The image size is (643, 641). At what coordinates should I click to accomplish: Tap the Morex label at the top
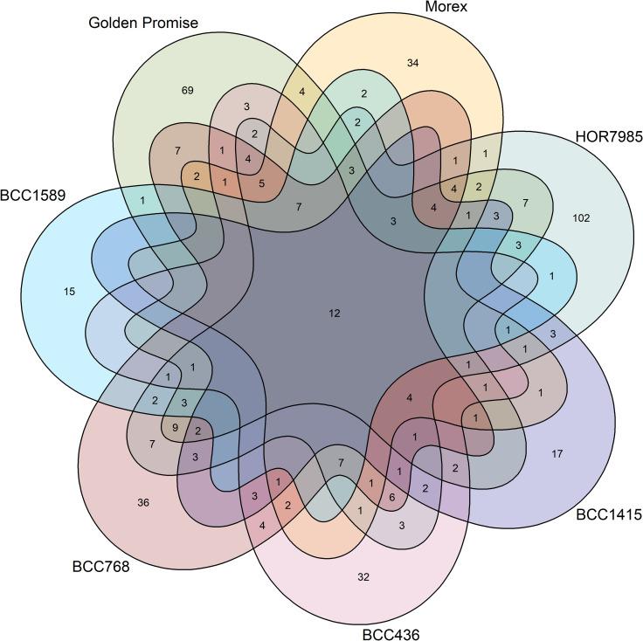pos(446,8)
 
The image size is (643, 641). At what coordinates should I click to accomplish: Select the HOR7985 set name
pos(608,136)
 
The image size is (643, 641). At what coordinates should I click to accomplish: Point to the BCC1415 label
pos(609,515)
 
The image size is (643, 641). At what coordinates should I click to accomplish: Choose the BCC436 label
pos(391,633)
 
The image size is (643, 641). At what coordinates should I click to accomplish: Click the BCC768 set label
pos(100,567)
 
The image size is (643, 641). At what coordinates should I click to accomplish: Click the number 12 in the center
pos(334,314)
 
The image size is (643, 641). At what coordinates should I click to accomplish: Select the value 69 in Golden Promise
pos(187,90)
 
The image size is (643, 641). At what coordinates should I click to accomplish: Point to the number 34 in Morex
pos(413,62)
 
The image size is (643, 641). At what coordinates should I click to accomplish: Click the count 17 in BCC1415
pos(557,453)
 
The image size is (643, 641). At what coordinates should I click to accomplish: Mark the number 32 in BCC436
pos(363,577)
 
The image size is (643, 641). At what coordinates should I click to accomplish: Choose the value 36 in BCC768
pos(143,502)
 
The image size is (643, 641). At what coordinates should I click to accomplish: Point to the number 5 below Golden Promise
pos(261,183)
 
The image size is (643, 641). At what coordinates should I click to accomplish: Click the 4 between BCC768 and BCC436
pos(261,525)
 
